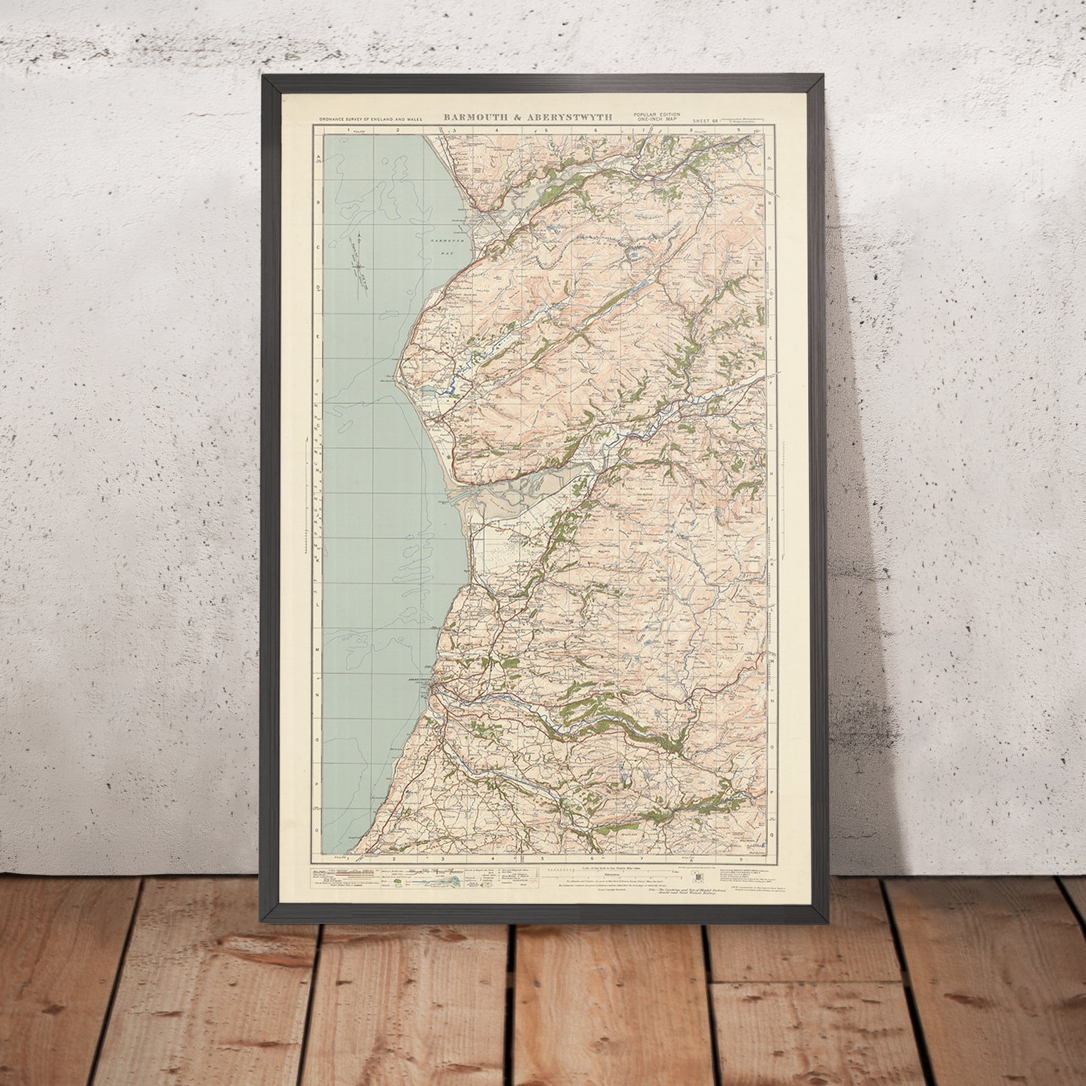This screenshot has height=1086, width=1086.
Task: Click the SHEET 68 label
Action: pos(707,121)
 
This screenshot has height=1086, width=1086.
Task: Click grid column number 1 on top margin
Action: pos(350,131)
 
